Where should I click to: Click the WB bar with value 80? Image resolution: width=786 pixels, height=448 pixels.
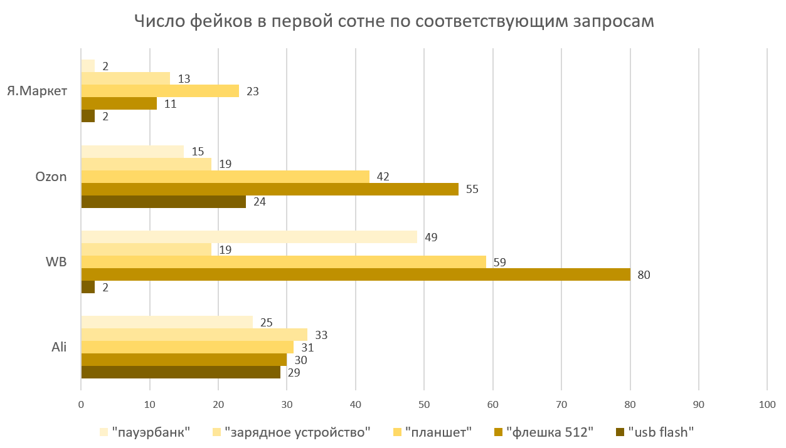356,274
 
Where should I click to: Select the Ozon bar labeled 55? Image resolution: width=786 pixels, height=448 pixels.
270,189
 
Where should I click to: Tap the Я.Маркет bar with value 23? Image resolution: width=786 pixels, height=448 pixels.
160,91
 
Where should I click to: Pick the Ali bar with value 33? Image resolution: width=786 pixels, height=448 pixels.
194,335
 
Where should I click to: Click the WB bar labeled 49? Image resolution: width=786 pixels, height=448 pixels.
249,237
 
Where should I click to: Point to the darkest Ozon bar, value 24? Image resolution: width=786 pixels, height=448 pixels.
163,202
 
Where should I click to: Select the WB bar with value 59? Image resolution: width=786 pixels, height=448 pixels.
284,262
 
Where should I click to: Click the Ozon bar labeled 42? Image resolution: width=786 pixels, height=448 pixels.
225,177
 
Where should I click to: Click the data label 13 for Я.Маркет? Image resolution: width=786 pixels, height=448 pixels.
184,79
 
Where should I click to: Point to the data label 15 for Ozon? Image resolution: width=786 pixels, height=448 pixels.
198,152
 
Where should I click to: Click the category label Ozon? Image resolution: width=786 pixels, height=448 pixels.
51,177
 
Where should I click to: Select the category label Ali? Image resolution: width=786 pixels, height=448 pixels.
60,347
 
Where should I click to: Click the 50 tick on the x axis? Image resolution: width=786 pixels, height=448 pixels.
424,405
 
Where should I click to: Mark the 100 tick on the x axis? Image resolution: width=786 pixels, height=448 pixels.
767,405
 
